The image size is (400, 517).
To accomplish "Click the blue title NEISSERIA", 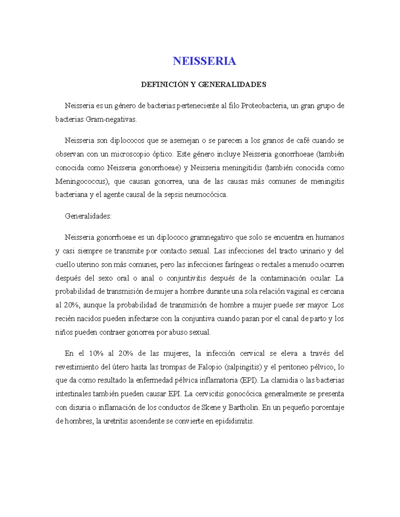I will click(204, 61).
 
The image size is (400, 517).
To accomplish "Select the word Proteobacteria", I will click(264, 106).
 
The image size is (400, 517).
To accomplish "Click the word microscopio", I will click(130, 154).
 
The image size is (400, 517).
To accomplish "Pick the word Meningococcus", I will click(82, 181).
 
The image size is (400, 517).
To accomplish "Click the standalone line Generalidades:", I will click(88, 216).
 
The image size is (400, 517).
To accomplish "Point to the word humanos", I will click(330, 237).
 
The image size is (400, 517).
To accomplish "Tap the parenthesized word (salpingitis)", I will click(243, 367).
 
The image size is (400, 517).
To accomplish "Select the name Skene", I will click(211, 407).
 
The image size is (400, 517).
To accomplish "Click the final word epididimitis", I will click(234, 421).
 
